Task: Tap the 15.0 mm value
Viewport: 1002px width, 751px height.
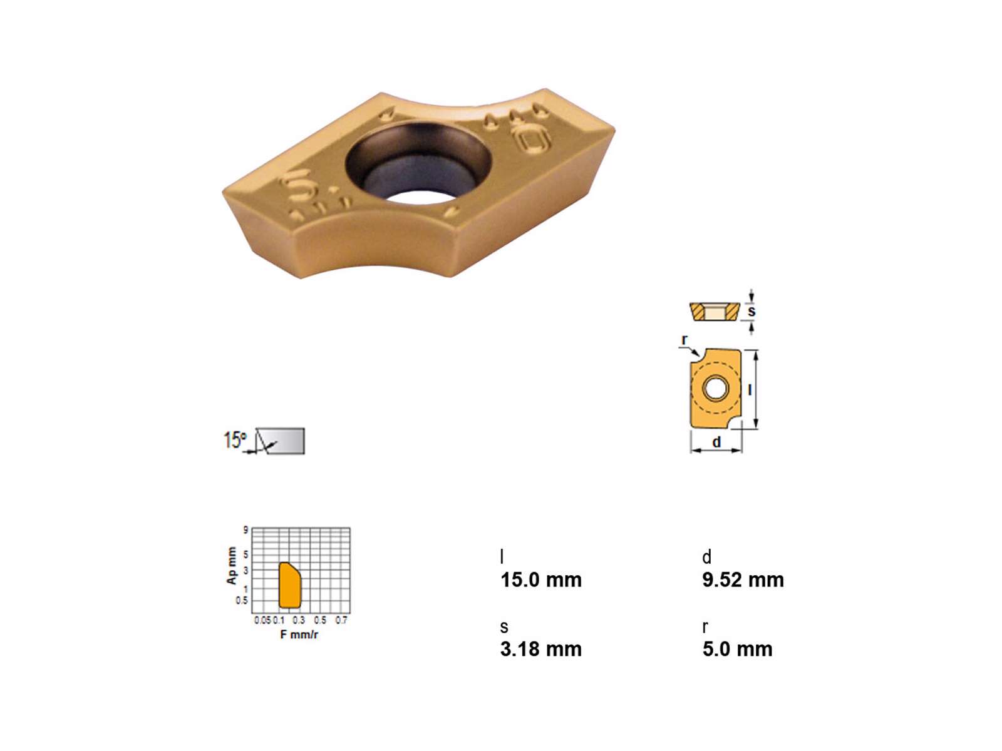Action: (541, 581)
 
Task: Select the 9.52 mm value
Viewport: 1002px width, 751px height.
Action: (743, 580)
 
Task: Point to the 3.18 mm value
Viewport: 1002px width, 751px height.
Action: (541, 650)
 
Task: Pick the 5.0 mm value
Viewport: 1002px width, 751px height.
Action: (737, 650)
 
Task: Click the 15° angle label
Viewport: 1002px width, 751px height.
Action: (235, 440)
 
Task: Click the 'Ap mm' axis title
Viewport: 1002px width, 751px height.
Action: (232, 565)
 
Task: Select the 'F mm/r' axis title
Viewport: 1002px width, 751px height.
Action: (299, 634)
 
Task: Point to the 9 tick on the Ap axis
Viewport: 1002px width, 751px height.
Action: (245, 530)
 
